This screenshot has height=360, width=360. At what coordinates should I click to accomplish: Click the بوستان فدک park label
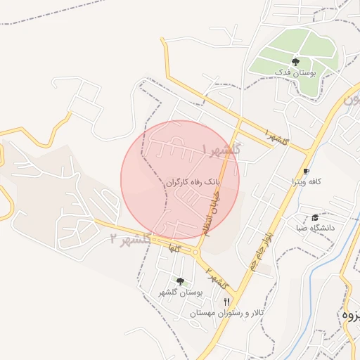[x=295, y=73]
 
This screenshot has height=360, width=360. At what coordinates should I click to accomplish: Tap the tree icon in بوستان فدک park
[x=295, y=63]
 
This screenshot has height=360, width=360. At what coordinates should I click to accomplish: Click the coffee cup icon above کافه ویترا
[x=306, y=171]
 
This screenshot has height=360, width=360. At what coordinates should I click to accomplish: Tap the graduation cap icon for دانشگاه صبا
[x=314, y=217]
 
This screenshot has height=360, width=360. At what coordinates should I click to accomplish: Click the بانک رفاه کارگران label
[x=193, y=181]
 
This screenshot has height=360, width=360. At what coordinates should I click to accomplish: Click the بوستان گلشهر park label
[x=181, y=292]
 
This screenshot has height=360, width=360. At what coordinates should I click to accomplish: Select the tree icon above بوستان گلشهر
[x=181, y=281]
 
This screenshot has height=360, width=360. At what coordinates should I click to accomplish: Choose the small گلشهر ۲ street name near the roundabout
[x=218, y=280]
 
